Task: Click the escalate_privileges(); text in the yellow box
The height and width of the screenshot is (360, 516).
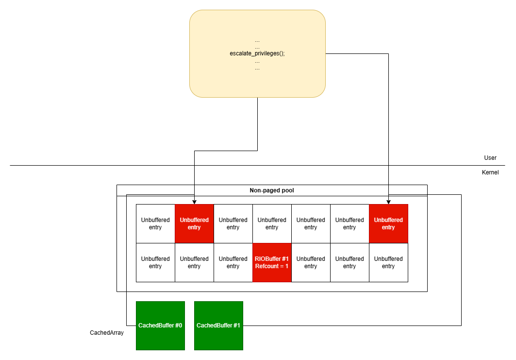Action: tap(257, 53)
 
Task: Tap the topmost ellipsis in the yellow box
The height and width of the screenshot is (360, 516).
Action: tap(257, 40)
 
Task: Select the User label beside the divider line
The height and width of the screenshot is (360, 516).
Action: tap(490, 158)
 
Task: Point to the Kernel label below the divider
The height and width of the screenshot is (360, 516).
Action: tap(490, 172)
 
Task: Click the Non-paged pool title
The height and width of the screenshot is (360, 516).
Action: tap(272, 190)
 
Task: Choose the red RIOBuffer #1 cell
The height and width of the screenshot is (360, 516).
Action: tap(272, 262)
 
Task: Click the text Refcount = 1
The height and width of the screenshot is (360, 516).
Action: tap(272, 266)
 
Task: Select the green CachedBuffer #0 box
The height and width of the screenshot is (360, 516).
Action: tap(160, 326)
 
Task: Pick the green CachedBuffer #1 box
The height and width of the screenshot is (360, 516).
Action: tap(218, 326)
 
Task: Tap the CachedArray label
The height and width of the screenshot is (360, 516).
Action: tap(107, 333)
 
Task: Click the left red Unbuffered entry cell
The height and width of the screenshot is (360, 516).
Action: tap(194, 223)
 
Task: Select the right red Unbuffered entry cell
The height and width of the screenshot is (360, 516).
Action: tap(388, 223)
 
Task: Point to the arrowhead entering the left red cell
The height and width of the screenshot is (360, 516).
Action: tap(194, 202)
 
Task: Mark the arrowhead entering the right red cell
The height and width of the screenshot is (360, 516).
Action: tap(388, 202)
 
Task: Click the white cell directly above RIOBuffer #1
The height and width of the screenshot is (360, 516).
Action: tap(272, 223)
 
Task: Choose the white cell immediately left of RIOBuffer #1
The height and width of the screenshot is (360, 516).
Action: tap(233, 262)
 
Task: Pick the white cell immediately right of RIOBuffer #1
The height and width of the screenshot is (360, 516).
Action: tap(311, 262)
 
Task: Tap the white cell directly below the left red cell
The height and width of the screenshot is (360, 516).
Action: tap(194, 262)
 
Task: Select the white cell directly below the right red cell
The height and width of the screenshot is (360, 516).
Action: tap(388, 262)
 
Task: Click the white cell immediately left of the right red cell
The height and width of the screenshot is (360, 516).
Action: tap(350, 223)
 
